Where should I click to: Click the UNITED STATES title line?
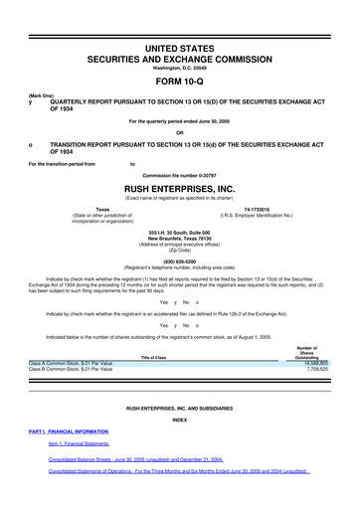click(x=180, y=37)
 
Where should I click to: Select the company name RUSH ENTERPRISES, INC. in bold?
click(x=180, y=186)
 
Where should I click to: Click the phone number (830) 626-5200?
click(x=180, y=261)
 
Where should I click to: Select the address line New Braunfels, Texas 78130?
click(x=180, y=238)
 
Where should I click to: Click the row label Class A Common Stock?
click(x=71, y=364)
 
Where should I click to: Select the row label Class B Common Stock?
click(x=71, y=371)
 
